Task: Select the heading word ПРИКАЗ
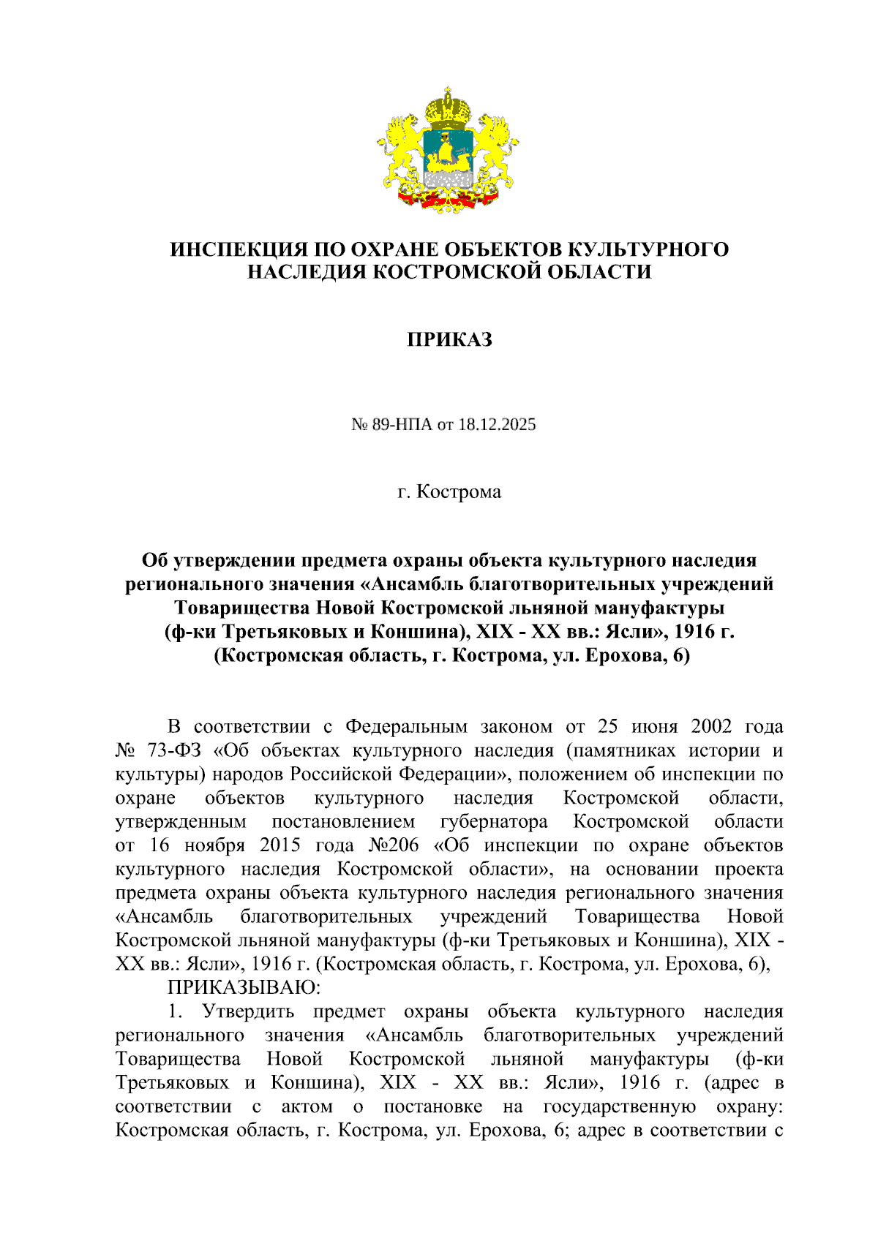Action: click(449, 339)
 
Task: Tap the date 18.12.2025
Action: click(497, 424)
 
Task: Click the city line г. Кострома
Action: click(449, 491)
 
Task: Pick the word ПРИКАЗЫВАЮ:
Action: click(244, 987)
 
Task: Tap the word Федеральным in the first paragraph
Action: click(406, 726)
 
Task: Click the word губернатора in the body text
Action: click(494, 821)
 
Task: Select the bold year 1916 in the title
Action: click(694, 631)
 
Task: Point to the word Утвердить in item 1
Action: click(248, 1011)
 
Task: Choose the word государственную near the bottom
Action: click(619, 1106)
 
